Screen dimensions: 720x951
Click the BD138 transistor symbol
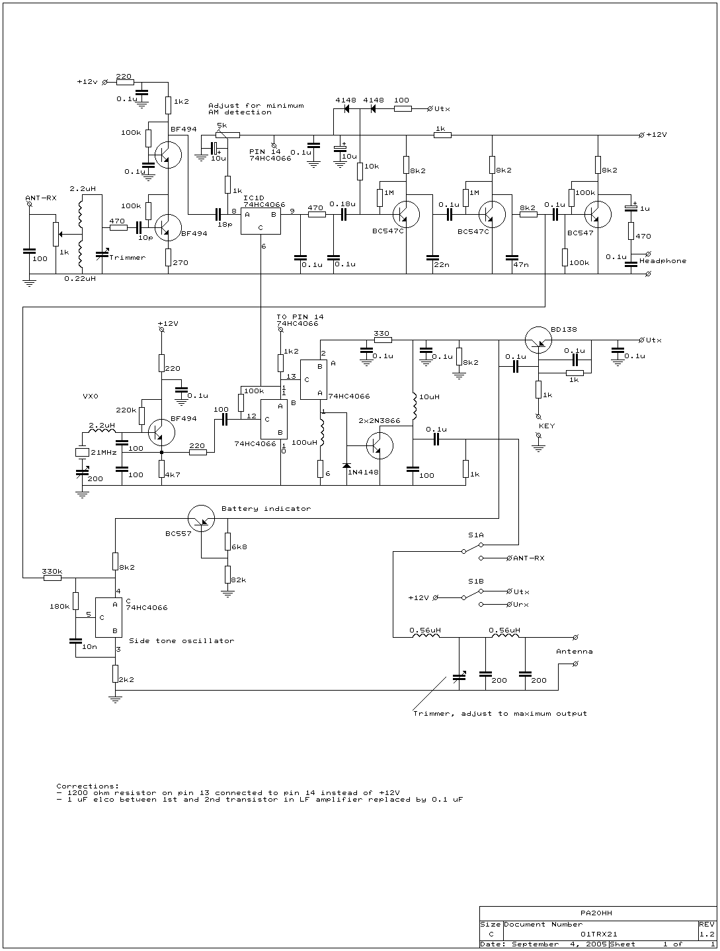pyautogui.click(x=538, y=340)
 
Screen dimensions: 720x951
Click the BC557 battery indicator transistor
pyautogui.click(x=202, y=518)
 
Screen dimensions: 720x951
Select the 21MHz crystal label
pyautogui.click(x=104, y=452)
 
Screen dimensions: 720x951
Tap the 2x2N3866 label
pyautogui.click(x=380, y=421)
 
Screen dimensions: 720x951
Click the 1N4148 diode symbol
pyautogui.click(x=346, y=465)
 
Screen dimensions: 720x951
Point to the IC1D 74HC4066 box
pyautogui.click(x=260, y=221)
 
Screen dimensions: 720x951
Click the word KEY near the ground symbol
pyautogui.click(x=547, y=426)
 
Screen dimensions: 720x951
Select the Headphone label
pyautogui.click(x=662, y=261)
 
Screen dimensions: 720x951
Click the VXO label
pyautogui.click(x=91, y=396)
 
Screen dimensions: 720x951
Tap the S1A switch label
pyautogui.click(x=475, y=535)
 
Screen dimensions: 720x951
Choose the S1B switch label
pyautogui.click(x=475, y=581)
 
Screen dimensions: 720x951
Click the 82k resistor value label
pyautogui.click(x=239, y=580)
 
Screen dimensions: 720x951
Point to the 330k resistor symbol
pyautogui.click(x=52, y=578)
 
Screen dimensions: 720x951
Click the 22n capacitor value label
pyautogui.click(x=441, y=264)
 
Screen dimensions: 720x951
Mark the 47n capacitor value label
pyautogui.click(x=521, y=264)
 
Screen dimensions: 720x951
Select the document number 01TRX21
pyautogui.click(x=598, y=934)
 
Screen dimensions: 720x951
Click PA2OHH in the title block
pyautogui.click(x=596, y=913)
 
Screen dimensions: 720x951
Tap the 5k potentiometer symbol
pyautogui.click(x=227, y=135)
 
